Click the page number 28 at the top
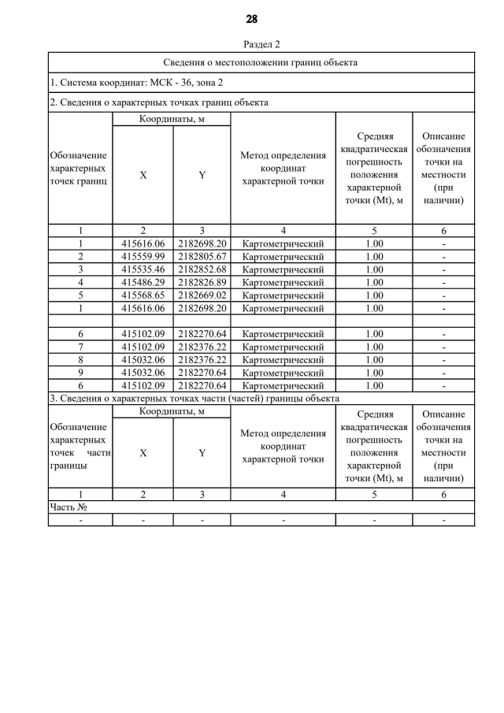click(x=251, y=19)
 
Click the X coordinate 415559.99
click(x=143, y=257)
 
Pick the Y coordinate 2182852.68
click(x=202, y=269)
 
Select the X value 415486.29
click(x=143, y=282)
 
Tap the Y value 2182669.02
click(x=202, y=295)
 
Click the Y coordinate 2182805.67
click(x=202, y=257)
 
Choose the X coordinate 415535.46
click(x=143, y=269)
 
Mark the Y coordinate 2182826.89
click(x=202, y=282)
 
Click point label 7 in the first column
click(x=80, y=347)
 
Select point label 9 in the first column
click(x=80, y=373)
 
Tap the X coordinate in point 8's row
click(x=143, y=360)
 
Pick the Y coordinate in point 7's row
click(x=202, y=347)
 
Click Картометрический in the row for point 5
click(x=283, y=295)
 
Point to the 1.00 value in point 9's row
click(x=374, y=373)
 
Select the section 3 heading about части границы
click(x=195, y=399)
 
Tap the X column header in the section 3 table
click(x=143, y=453)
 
